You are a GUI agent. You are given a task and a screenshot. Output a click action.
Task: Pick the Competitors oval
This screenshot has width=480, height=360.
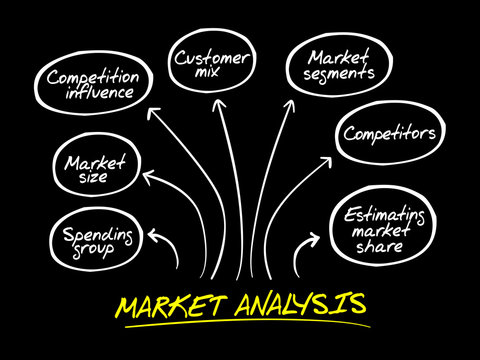click(388, 133)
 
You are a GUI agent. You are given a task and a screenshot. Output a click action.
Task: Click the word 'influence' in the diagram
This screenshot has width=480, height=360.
click(98, 93)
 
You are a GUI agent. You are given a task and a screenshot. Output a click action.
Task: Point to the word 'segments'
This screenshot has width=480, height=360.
click(340, 73)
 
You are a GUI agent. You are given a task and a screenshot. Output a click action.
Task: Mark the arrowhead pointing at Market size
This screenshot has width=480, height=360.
click(148, 177)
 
